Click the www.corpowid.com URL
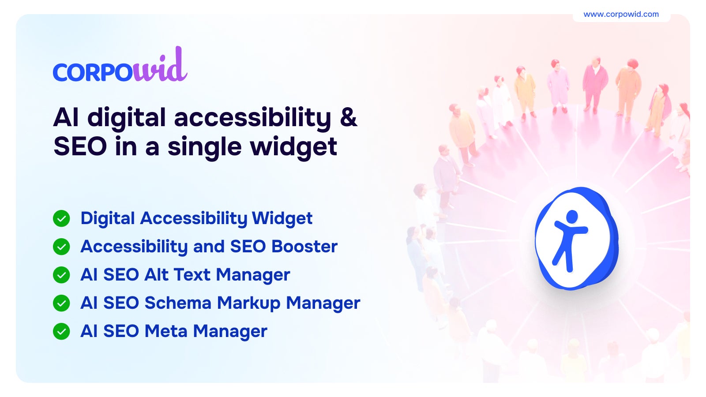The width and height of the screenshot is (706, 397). pyautogui.click(x=621, y=14)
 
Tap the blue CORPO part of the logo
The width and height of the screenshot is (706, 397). pyautogui.click(x=93, y=72)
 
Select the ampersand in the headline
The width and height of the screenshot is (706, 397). pyautogui.click(x=348, y=117)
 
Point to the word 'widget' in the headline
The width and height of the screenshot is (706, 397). pyautogui.click(x=294, y=147)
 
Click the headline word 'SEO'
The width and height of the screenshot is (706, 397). pyautogui.click(x=80, y=146)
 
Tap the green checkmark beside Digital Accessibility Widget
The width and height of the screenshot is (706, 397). pyautogui.click(x=61, y=218)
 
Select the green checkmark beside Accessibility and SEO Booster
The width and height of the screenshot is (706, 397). pyautogui.click(x=61, y=247)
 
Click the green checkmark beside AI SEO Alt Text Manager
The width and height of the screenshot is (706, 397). pyautogui.click(x=61, y=275)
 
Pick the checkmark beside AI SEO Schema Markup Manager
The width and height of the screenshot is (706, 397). pyautogui.click(x=61, y=303)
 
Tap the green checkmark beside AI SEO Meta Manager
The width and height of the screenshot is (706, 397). pyautogui.click(x=61, y=331)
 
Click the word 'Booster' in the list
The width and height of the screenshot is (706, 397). pyautogui.click(x=304, y=247)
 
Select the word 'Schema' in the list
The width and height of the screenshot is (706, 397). pyautogui.click(x=178, y=303)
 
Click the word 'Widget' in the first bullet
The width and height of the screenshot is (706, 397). pyautogui.click(x=282, y=219)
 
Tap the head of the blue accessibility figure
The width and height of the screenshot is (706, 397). pyautogui.click(x=572, y=217)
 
